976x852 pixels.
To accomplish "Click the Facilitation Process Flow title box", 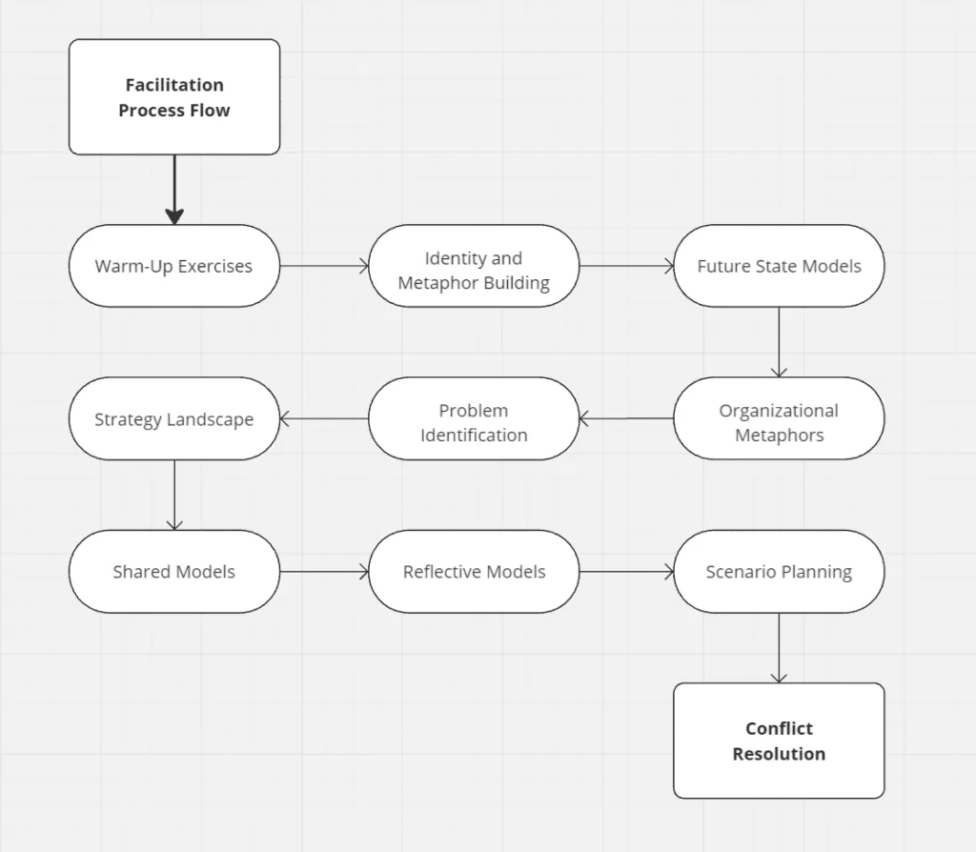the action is coord(174,97).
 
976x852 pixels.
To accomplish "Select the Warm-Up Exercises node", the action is coord(174,266).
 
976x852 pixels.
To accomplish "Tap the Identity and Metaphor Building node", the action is coord(474,266).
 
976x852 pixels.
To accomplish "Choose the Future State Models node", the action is coord(779,266).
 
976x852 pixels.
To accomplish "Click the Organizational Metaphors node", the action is coord(779,418).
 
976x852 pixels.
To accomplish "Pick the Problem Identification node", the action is coord(474,418).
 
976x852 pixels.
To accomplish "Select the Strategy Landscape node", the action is coord(174,418).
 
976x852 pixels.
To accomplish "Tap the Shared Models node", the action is coord(174,571).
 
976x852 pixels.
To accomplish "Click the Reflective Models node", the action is coord(474,571).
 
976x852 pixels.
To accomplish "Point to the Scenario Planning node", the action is coord(779,571).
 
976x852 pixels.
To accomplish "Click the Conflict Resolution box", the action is coord(779,740).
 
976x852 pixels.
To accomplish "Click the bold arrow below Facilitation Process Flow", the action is coord(174,190).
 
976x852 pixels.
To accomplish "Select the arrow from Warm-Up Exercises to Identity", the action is coord(324,266).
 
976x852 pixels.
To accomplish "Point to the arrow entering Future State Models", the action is coord(626,266).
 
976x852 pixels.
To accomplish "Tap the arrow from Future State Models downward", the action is coord(779,342).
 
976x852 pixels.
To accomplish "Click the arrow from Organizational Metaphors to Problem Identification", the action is coord(626,418).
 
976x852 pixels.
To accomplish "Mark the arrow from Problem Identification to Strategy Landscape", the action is coord(324,418).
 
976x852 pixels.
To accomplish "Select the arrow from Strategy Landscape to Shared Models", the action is coord(174,495).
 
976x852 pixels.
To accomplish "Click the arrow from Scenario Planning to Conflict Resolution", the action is coord(779,648).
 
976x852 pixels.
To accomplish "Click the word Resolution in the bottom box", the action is coord(779,754).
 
